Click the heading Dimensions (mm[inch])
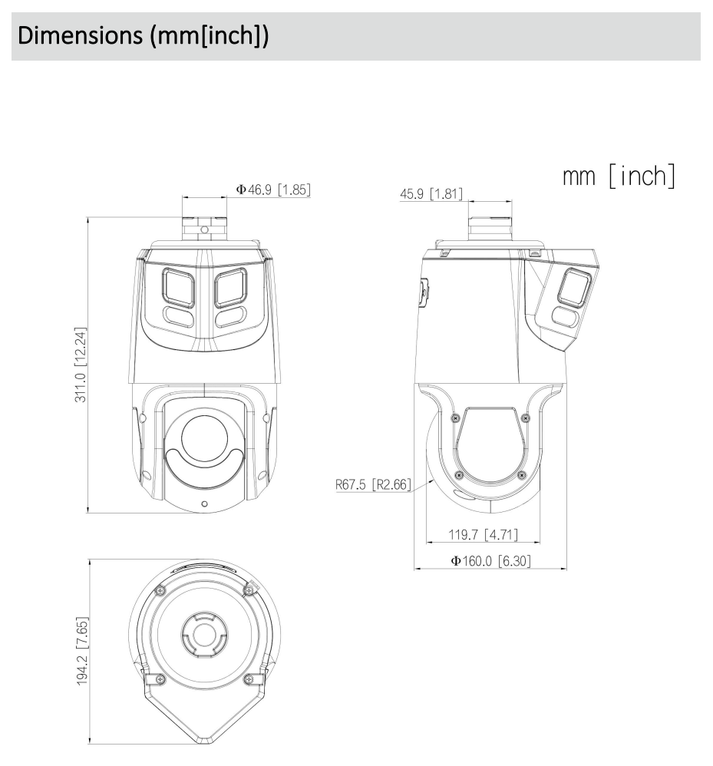140,36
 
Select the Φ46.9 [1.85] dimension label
272,189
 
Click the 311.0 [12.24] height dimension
81,365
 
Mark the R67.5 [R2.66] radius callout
374,484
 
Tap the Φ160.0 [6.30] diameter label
490,561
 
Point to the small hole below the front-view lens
204,504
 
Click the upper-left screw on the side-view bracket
456,418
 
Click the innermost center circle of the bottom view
204,634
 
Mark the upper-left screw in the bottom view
159,589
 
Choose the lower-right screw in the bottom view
248,679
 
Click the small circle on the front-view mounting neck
204,229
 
